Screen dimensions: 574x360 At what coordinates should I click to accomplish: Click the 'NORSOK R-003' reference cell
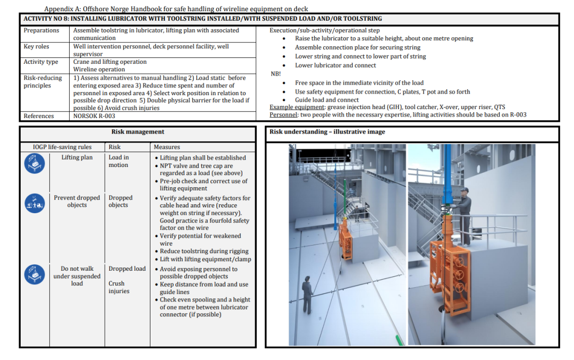94,116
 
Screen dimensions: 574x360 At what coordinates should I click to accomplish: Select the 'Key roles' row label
36,46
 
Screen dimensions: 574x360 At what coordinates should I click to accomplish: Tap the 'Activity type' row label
40,62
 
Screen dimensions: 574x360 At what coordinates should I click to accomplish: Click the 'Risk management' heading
138,132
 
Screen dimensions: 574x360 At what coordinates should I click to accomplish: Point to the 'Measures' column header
166,147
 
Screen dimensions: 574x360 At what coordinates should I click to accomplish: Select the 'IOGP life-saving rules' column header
62,147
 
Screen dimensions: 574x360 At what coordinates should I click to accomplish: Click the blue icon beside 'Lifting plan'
35,163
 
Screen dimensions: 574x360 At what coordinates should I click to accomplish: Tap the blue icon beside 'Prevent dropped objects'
35,203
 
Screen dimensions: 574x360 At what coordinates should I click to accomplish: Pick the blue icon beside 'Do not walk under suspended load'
35,274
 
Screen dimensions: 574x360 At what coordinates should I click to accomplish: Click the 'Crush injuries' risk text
119,288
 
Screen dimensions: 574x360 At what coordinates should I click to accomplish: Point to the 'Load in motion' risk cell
119,161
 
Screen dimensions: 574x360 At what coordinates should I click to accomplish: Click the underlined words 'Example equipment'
297,107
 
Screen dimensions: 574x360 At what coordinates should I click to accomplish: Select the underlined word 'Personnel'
283,115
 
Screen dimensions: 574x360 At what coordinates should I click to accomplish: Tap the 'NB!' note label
276,74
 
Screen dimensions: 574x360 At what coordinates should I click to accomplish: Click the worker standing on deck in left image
307,295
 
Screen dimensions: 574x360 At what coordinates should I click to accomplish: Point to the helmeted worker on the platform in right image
463,217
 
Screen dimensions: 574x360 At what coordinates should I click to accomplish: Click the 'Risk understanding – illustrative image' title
327,132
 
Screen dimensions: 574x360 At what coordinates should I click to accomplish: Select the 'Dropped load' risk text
127,269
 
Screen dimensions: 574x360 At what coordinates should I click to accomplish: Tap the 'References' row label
39,116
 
